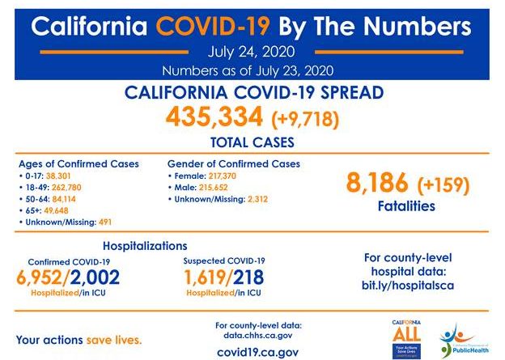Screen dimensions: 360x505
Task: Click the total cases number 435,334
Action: coord(214,118)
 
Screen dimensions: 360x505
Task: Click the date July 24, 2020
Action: coord(252,53)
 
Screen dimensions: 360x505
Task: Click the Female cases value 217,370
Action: coord(218,176)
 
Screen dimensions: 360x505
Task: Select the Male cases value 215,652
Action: coord(210,187)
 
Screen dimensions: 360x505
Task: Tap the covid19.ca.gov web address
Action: coord(257,352)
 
